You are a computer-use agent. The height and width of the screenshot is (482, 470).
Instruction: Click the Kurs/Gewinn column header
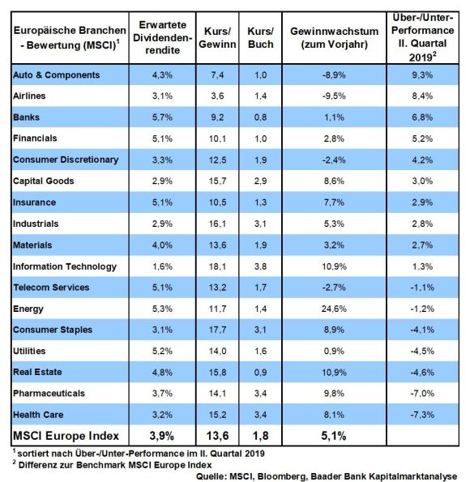(x=217, y=37)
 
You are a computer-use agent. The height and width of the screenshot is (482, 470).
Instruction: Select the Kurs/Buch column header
(x=260, y=37)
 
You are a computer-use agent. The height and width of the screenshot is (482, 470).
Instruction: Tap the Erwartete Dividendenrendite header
(x=162, y=37)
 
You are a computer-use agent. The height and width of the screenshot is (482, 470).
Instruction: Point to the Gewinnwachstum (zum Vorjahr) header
(x=334, y=37)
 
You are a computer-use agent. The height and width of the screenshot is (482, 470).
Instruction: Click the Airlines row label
(x=29, y=96)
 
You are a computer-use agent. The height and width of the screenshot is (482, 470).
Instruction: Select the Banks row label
(x=26, y=117)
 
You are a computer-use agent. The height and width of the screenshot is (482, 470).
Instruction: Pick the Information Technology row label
(x=65, y=267)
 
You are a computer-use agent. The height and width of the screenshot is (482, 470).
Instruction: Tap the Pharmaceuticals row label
(x=49, y=393)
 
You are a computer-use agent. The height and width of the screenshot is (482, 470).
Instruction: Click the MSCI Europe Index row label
(x=66, y=436)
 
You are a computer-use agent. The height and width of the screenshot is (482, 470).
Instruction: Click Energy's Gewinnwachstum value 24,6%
(x=334, y=309)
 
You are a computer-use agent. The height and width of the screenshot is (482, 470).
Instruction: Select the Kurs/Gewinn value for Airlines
(x=217, y=96)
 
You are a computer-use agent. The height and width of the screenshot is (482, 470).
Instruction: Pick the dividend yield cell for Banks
(x=162, y=117)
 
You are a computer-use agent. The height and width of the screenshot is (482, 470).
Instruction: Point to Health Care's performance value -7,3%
(x=422, y=415)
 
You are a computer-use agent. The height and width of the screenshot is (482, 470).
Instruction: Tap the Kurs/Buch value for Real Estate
(x=260, y=373)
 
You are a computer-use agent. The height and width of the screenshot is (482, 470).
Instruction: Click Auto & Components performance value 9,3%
(x=422, y=75)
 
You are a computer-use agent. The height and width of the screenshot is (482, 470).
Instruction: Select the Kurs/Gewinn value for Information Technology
(x=217, y=267)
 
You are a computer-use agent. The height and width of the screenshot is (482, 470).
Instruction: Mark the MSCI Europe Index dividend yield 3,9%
(x=162, y=436)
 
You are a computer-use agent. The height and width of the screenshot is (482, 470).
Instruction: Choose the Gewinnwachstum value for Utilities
(x=334, y=351)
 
